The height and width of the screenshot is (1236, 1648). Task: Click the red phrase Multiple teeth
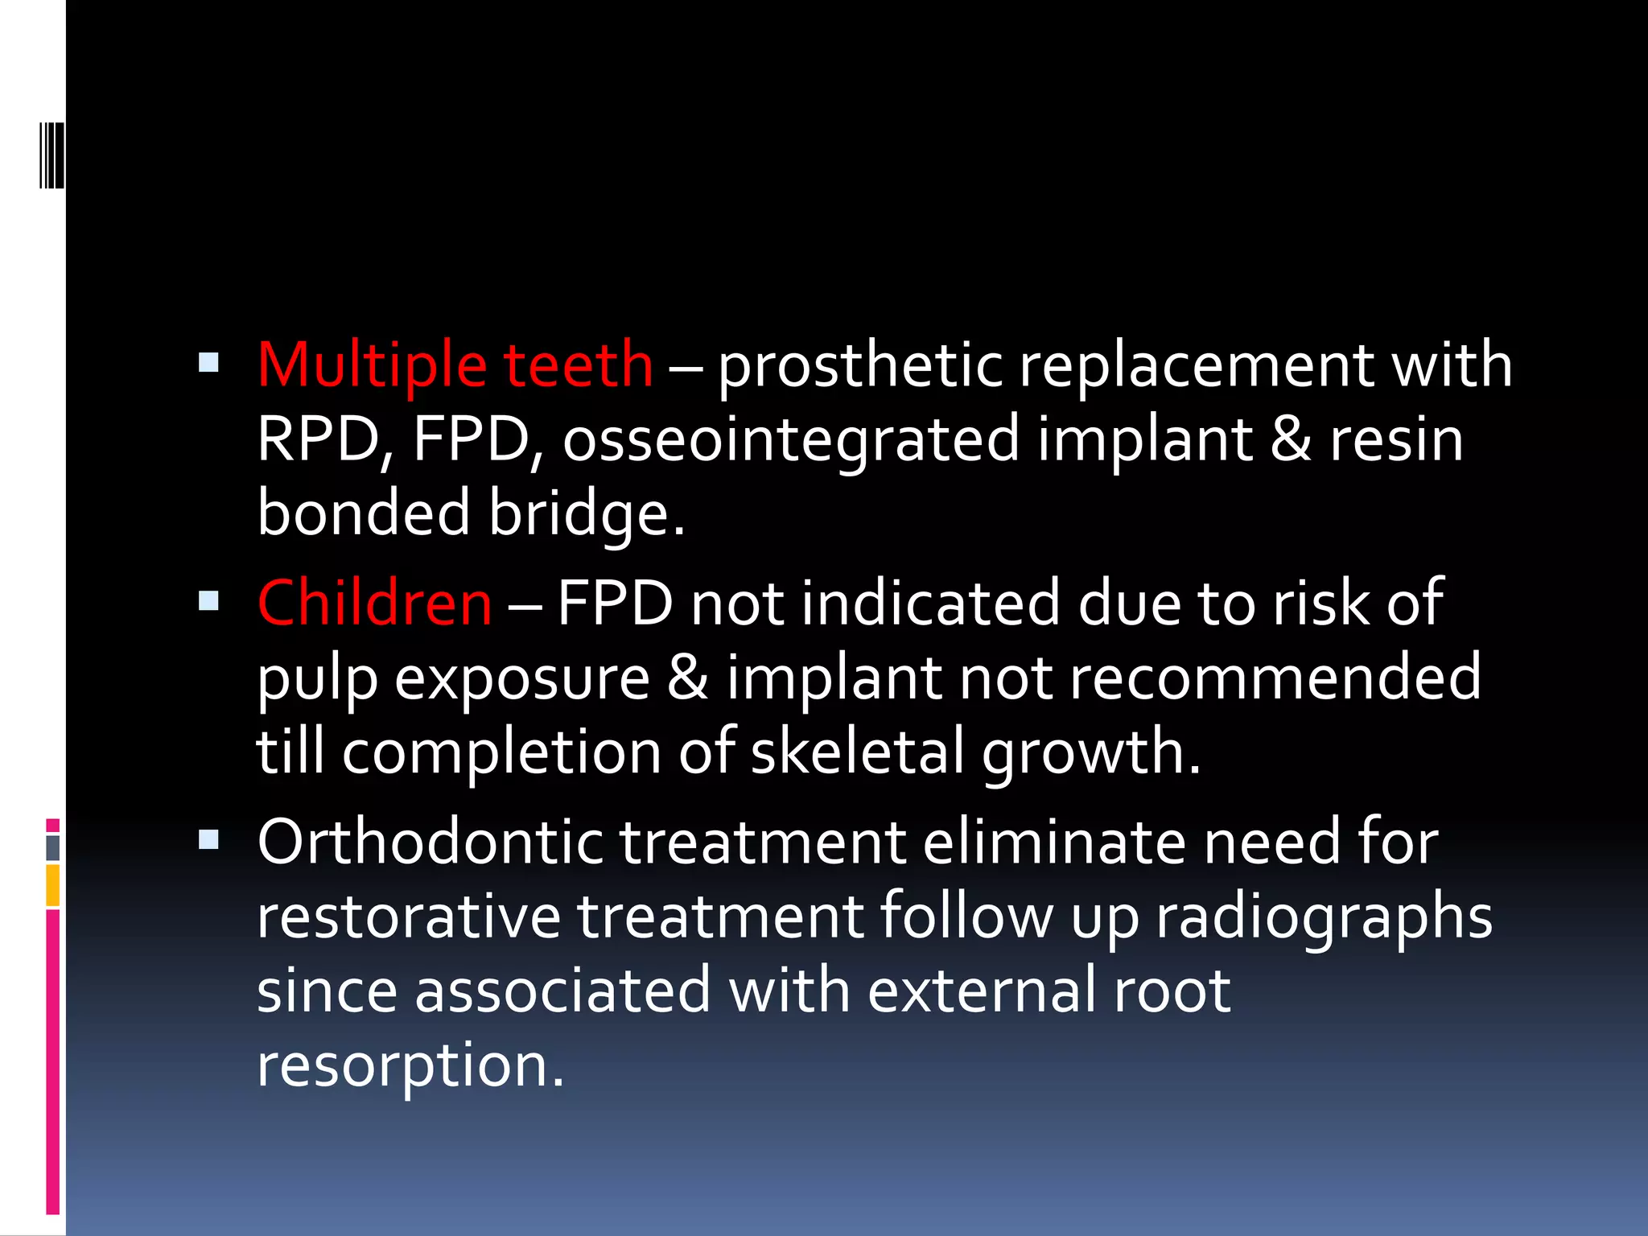[x=455, y=365]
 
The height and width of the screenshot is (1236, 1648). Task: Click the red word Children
[x=374, y=603]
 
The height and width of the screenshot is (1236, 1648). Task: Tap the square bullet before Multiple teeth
[x=208, y=362]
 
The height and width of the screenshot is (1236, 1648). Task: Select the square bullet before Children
[x=208, y=600]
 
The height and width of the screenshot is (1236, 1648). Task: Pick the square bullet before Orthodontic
[x=208, y=840]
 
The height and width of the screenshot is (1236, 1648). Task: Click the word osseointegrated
[x=791, y=440]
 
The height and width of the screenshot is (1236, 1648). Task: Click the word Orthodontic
[x=430, y=842]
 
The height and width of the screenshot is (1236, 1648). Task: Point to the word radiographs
[x=1324, y=917]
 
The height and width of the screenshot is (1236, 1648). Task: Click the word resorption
[x=410, y=1066]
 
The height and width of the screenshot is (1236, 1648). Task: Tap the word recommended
[x=1275, y=678]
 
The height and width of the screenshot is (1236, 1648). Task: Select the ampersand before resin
[x=1291, y=440]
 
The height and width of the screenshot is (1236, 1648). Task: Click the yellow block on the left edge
[x=53, y=885]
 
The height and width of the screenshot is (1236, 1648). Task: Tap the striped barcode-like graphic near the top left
[x=51, y=154]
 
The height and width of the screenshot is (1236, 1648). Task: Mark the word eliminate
[x=1054, y=842]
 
